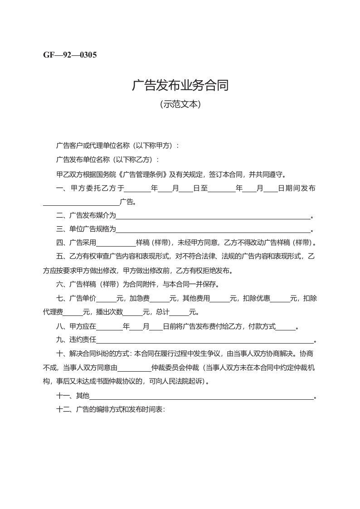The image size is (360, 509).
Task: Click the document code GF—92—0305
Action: (70, 55)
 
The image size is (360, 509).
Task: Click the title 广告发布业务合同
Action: (180, 85)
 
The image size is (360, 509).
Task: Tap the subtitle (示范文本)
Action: (180, 104)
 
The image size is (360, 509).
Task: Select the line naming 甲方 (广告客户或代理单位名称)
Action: (117, 145)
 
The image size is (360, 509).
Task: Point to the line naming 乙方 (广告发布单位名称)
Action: (107, 160)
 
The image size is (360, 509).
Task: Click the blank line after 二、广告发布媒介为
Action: (213, 217)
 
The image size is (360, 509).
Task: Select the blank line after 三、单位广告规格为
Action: (213, 230)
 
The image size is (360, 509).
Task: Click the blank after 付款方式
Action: (285, 328)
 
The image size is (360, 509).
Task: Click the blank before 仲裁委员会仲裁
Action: (134, 368)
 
